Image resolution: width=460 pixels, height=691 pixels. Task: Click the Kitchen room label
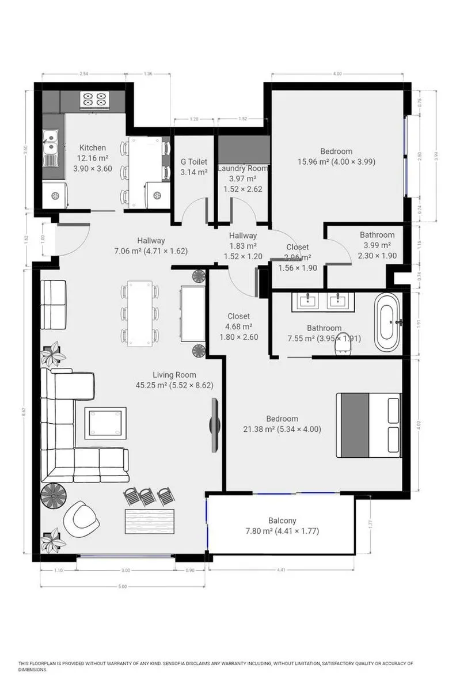[x=93, y=148]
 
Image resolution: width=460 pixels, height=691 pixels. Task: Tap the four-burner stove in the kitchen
[x=95, y=100]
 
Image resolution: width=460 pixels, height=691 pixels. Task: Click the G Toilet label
[x=194, y=162]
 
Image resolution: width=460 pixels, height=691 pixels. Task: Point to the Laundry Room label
[x=242, y=168]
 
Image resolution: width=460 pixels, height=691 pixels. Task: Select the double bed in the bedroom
[x=368, y=424]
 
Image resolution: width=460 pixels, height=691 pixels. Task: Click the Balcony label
[x=282, y=521]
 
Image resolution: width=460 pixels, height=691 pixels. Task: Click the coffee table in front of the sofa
[x=105, y=423]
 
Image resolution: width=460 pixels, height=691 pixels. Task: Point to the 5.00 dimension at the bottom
[x=122, y=586]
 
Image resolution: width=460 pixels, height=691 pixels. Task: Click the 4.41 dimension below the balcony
[x=282, y=570]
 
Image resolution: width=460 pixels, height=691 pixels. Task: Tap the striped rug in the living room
[x=150, y=521]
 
